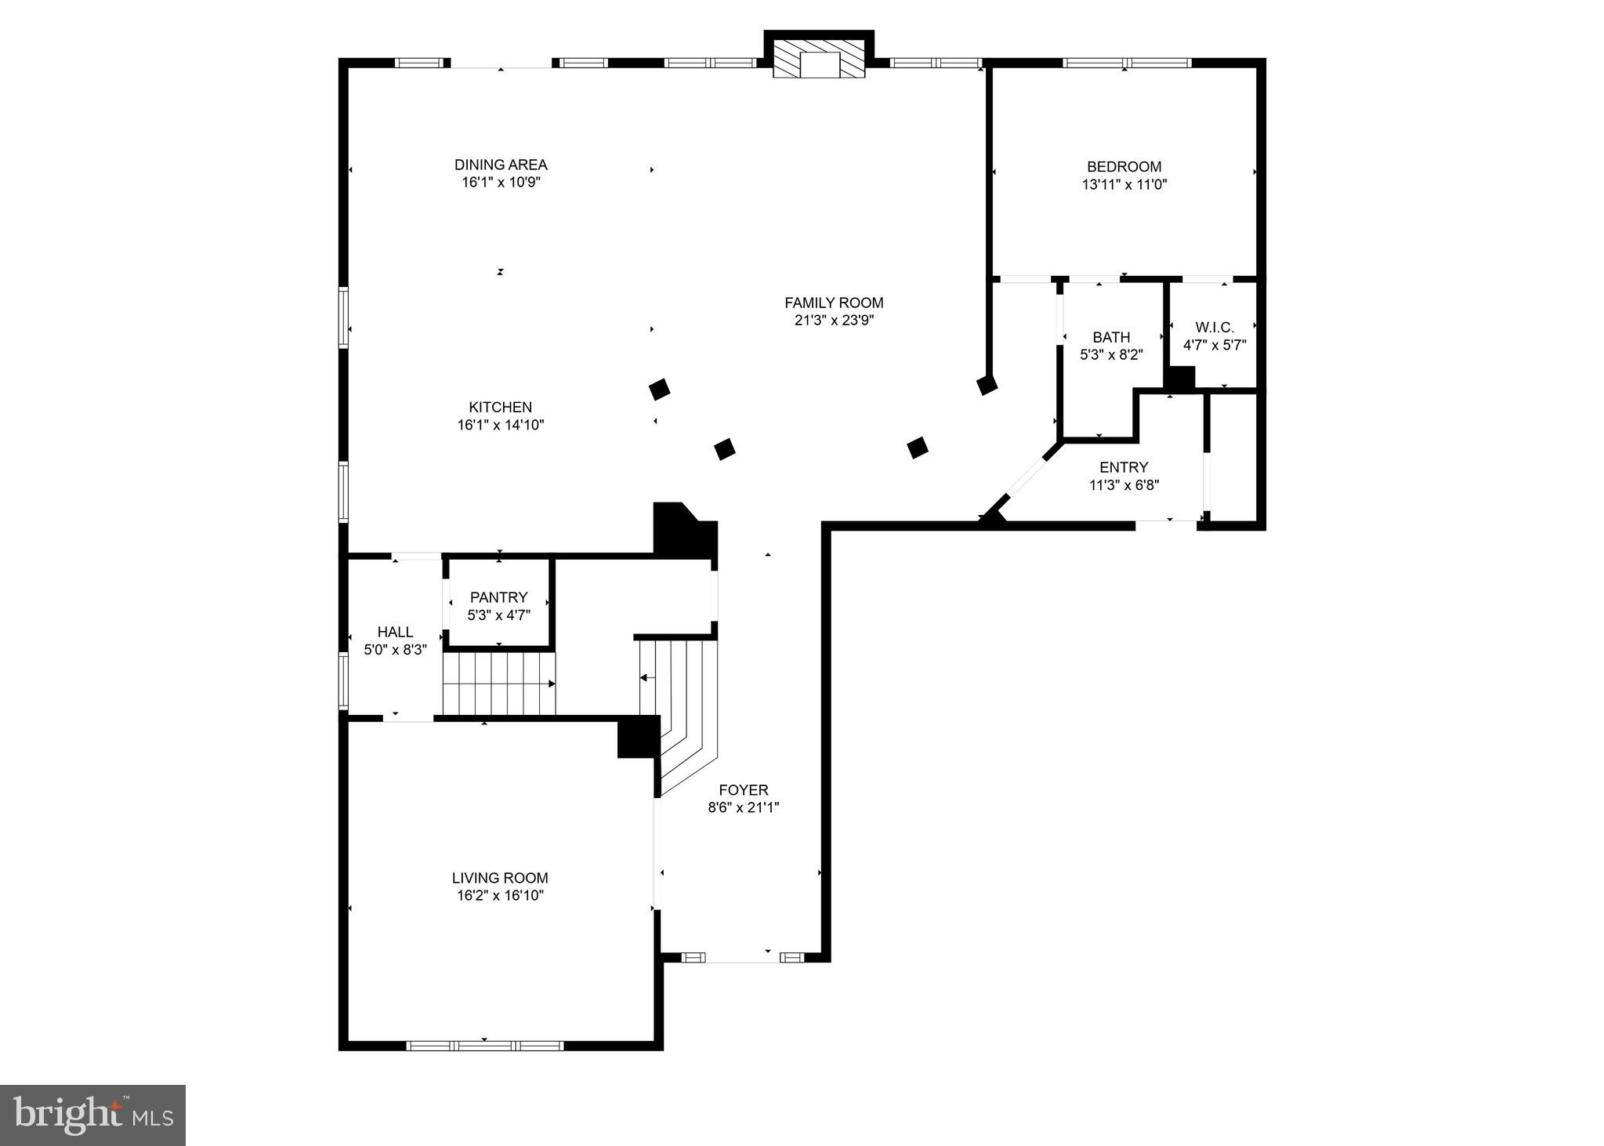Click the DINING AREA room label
point(501,165)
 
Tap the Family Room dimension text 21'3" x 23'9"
point(834,320)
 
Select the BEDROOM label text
point(1124,167)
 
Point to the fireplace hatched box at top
point(819,60)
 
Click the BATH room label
point(1111,337)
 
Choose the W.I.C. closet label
point(1214,327)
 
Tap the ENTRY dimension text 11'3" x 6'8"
point(1124,485)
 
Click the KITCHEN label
point(500,407)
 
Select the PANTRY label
point(498,597)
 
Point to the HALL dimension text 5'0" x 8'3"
point(395,649)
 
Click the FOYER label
point(743,790)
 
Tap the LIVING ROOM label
point(500,878)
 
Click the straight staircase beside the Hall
point(498,684)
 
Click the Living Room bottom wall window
point(484,1045)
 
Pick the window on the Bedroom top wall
point(1126,63)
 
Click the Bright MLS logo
point(92,1115)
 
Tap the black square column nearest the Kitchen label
point(659,389)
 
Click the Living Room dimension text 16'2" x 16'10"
point(500,895)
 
